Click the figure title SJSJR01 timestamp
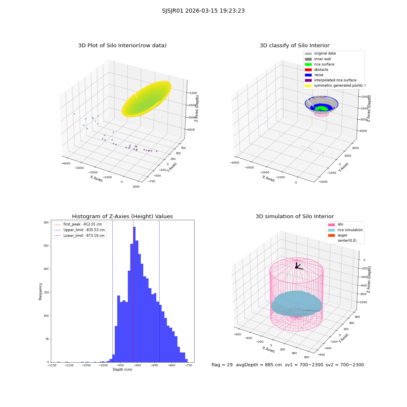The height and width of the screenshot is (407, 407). (x=203, y=11)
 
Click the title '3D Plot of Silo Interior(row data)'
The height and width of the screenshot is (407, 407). (x=122, y=46)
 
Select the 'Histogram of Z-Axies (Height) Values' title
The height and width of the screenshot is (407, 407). (x=122, y=217)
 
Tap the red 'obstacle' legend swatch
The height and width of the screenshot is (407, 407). (x=308, y=70)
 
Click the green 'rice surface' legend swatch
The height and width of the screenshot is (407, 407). (x=308, y=64)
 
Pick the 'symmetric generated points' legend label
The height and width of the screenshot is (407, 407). (x=339, y=85)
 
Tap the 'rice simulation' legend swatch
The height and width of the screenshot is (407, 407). (x=331, y=230)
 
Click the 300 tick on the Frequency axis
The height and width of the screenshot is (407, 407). (x=46, y=223)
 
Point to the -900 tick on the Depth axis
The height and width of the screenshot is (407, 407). (x=137, y=365)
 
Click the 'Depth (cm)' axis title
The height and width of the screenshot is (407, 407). (x=122, y=370)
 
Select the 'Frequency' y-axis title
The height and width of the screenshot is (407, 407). (x=40, y=291)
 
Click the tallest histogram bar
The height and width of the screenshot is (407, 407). (x=134, y=294)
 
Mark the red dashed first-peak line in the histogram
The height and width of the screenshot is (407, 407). (x=133, y=291)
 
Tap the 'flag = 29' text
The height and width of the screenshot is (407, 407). (x=222, y=365)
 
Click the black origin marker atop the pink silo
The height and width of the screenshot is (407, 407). (x=296, y=267)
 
